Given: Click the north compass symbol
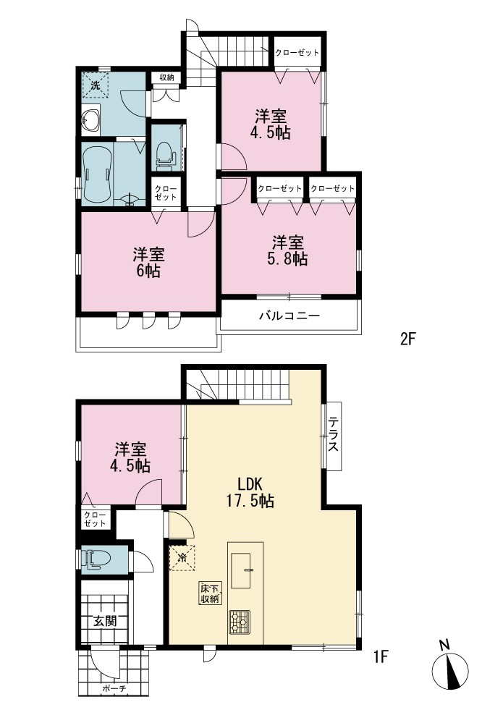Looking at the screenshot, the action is (449, 671).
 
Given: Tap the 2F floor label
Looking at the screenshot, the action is (407, 339).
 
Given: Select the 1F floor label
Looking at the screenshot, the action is (381, 656).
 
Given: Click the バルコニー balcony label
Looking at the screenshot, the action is (289, 316).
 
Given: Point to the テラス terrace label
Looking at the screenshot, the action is (334, 434).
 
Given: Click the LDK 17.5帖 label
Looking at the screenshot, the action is (250, 492).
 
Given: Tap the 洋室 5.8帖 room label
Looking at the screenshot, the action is (287, 250).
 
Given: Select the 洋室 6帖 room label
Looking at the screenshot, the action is (148, 263).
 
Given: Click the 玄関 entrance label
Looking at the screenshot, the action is (105, 621).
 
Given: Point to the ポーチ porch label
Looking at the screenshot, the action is (114, 688).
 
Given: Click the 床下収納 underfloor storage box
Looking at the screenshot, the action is (210, 593).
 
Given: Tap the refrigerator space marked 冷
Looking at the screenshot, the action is (182, 557).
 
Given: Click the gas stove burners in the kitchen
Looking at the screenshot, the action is (240, 622).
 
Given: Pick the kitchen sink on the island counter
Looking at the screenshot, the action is (242, 570).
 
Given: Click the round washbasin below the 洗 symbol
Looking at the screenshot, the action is (90, 121).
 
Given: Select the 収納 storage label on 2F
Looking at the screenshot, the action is (166, 77).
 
